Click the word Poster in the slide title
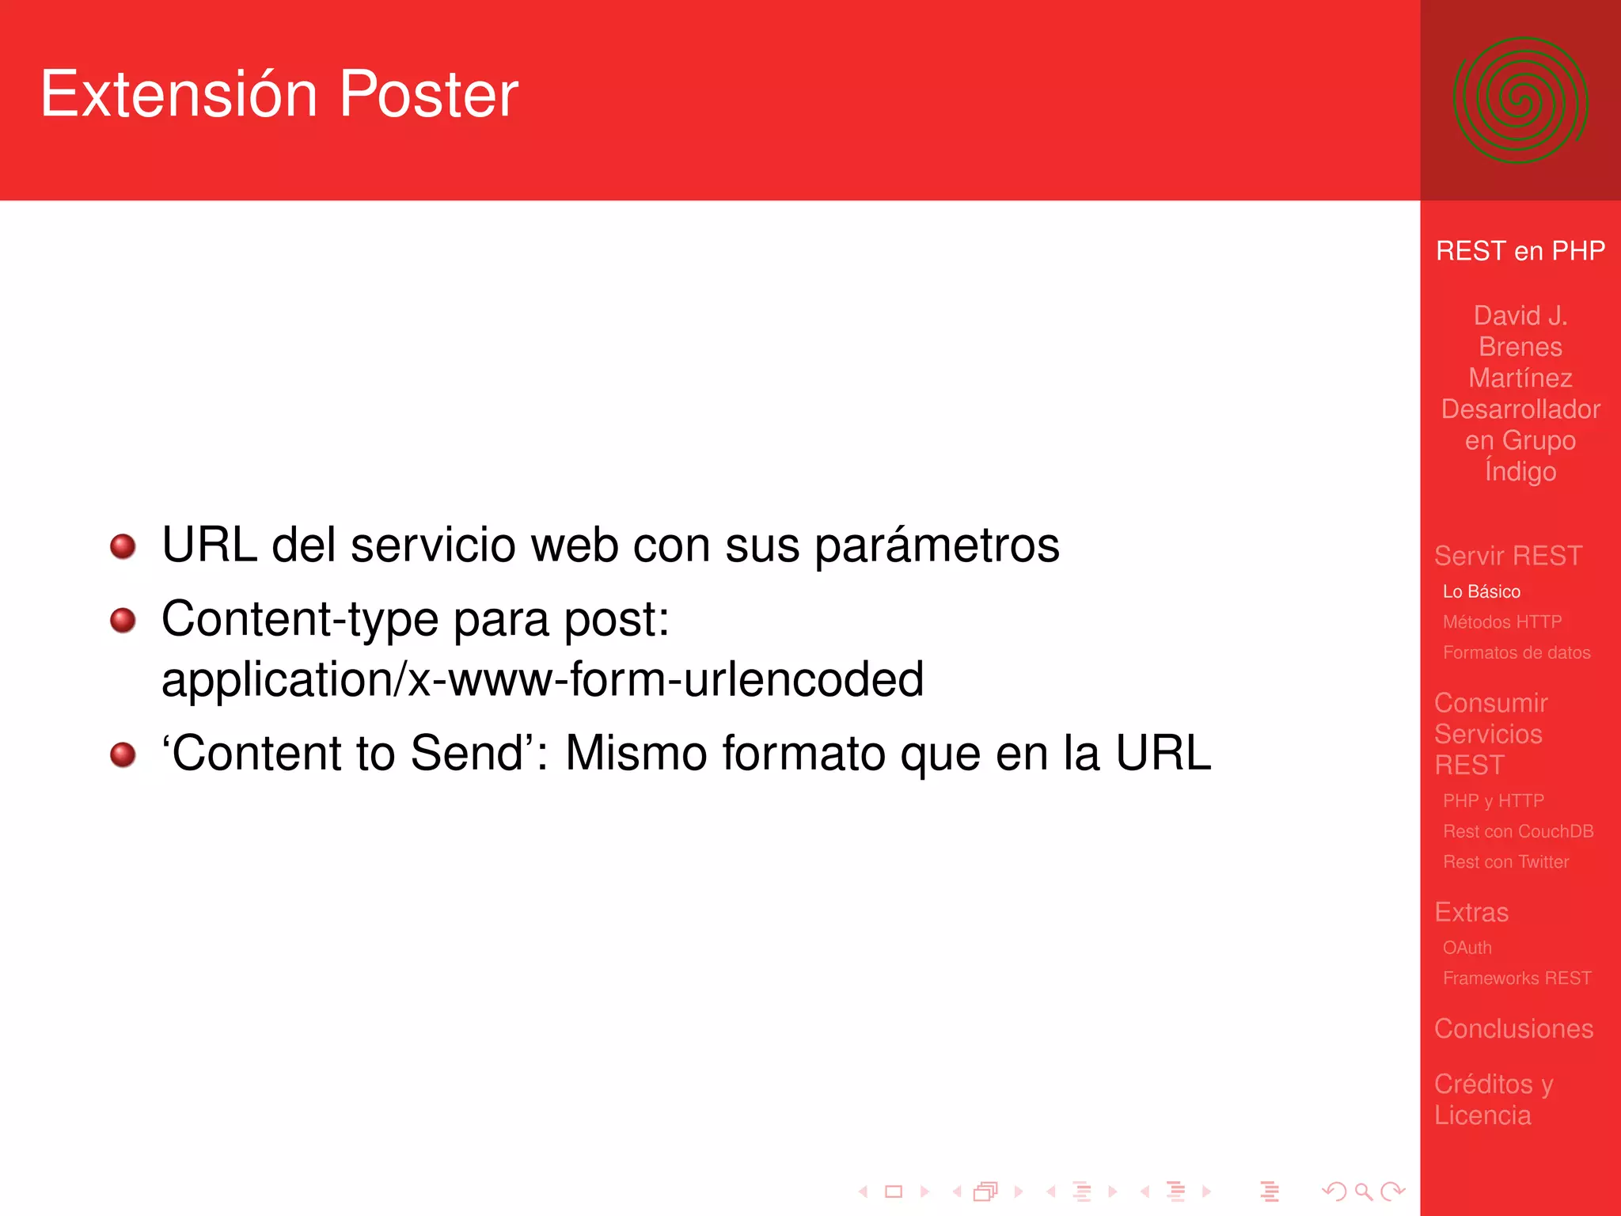coord(428,94)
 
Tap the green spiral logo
coord(1520,101)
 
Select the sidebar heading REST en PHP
coord(1520,251)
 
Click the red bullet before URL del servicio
coord(123,546)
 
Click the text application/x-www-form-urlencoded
coord(542,679)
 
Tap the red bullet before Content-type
coord(123,620)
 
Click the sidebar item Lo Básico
coord(1481,591)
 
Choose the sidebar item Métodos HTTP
coord(1501,622)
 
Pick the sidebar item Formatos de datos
coord(1516,653)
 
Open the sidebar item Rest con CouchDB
coord(1517,831)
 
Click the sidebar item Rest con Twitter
coord(1505,862)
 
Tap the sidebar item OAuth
coord(1467,948)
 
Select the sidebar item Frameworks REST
coord(1517,978)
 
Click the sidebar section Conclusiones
coord(1513,1028)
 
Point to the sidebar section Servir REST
coord(1508,556)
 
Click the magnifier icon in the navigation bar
coord(1363,1191)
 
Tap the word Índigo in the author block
coord(1520,472)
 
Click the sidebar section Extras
coord(1471,912)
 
